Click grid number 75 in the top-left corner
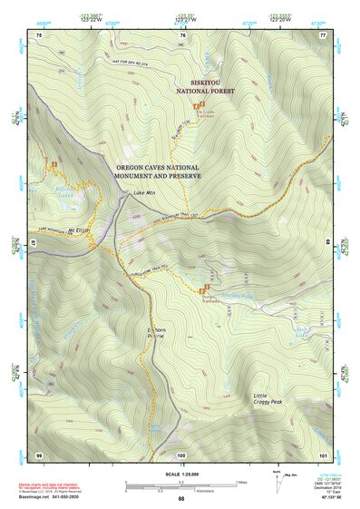tap(39, 34)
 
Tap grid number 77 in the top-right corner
tap(322, 34)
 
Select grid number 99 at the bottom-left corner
tap(39, 454)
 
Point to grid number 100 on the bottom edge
tap(181, 454)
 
